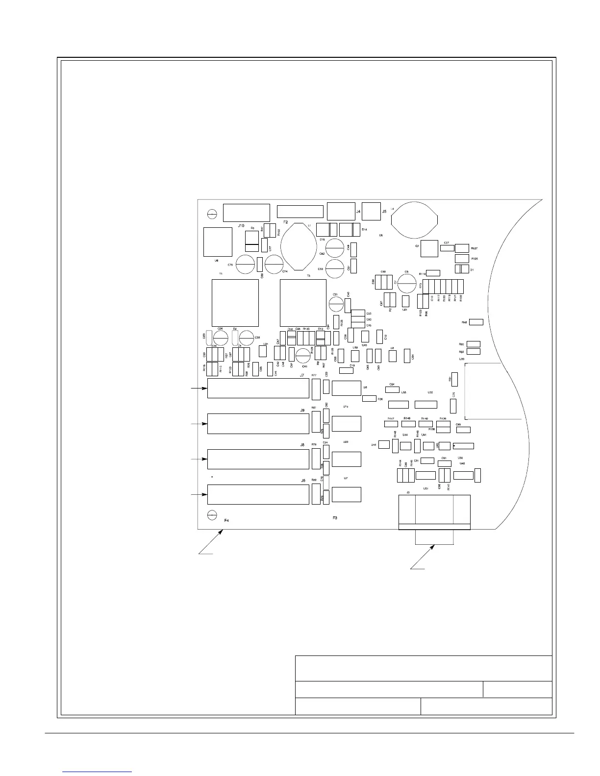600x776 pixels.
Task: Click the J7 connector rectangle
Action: (258, 388)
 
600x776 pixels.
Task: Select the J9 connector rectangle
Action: (258, 424)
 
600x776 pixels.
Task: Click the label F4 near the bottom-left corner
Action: (227, 520)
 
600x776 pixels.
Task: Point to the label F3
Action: (335, 518)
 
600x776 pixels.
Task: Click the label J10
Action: (241, 226)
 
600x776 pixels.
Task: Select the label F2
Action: (285, 222)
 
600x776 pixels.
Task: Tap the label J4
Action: (358, 212)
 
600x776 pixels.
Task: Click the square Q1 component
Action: (429, 248)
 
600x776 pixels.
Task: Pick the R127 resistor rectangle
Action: (462, 248)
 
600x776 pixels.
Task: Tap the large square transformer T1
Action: (235, 303)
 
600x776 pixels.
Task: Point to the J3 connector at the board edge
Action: (434, 512)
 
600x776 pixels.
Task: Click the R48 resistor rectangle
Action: (476, 322)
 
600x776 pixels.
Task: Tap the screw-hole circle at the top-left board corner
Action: (212, 214)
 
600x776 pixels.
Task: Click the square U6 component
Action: (218, 242)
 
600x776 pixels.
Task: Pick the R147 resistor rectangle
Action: (391, 424)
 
